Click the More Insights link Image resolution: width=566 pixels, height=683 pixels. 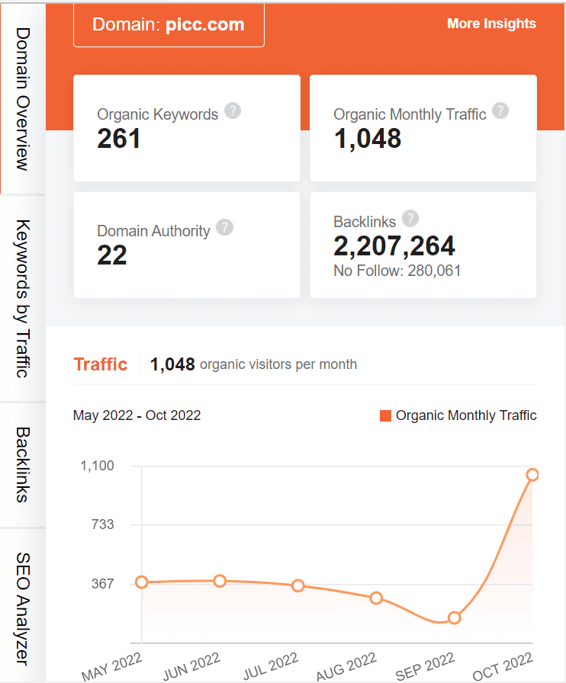click(x=491, y=24)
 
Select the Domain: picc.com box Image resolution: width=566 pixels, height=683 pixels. click(x=169, y=24)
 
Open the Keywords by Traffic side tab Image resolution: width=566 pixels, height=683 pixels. click(x=23, y=299)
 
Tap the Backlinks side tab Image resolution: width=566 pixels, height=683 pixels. click(x=23, y=464)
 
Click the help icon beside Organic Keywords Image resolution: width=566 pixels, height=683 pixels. click(x=233, y=111)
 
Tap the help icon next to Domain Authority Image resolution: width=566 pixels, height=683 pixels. click(x=224, y=227)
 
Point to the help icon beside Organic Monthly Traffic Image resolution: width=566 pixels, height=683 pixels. click(x=500, y=111)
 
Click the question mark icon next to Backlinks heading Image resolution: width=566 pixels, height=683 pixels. click(x=410, y=219)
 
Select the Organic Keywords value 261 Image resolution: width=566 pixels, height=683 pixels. click(x=119, y=138)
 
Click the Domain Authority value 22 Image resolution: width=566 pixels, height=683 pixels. click(x=112, y=255)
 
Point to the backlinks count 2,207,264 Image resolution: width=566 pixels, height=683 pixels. click(x=394, y=245)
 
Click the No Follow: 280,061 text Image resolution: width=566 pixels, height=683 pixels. click(x=397, y=271)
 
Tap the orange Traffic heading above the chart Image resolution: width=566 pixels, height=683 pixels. click(x=101, y=364)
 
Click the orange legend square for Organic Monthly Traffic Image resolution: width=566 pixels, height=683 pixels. click(x=385, y=415)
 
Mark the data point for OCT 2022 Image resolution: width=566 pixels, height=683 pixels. click(x=532, y=475)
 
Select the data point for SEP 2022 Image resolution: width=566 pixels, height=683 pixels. click(x=455, y=617)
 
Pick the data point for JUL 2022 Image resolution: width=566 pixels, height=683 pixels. click(x=298, y=585)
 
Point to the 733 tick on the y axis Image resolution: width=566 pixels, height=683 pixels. click(x=103, y=524)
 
